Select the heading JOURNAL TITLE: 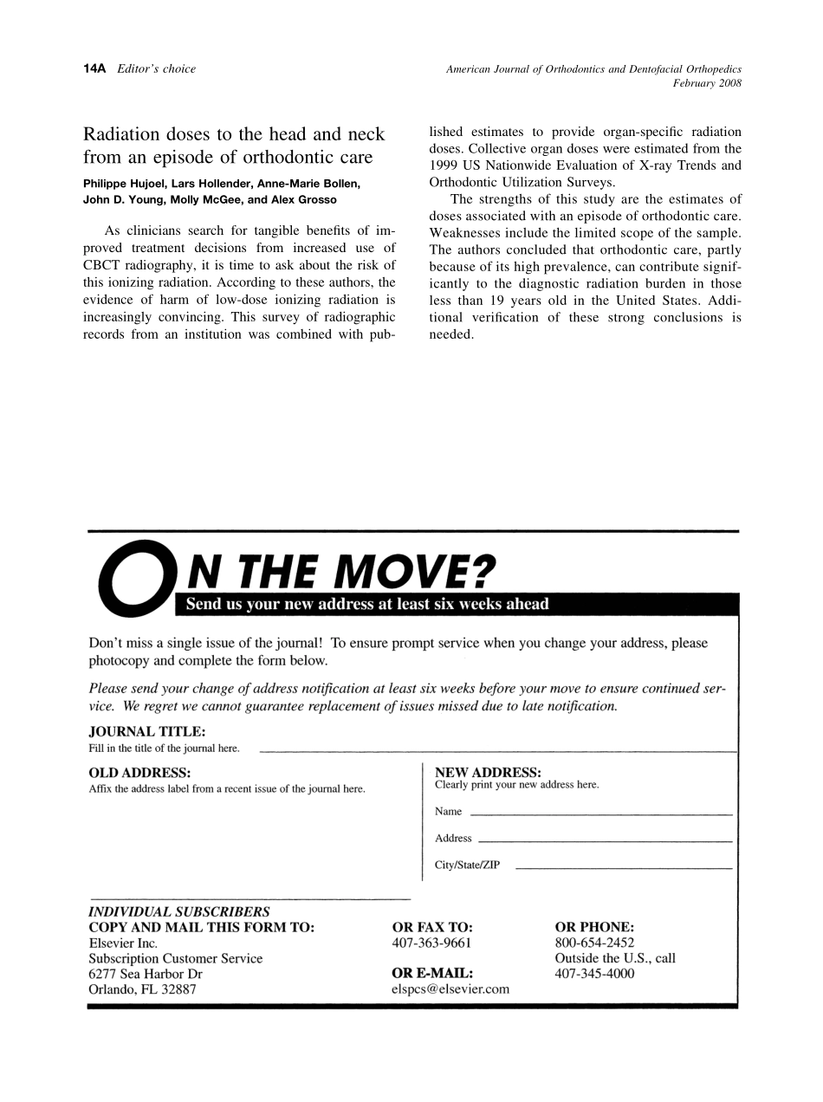(x=147, y=732)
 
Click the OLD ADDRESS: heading (x=139, y=772)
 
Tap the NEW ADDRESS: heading (x=488, y=771)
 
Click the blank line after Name (x=600, y=815)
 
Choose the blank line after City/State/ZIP (x=624, y=868)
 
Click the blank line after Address (x=605, y=841)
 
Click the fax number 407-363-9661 (x=432, y=943)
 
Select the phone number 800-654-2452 (x=594, y=943)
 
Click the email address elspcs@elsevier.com (x=450, y=989)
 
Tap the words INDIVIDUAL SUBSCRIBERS (x=179, y=911)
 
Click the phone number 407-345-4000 (x=594, y=974)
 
